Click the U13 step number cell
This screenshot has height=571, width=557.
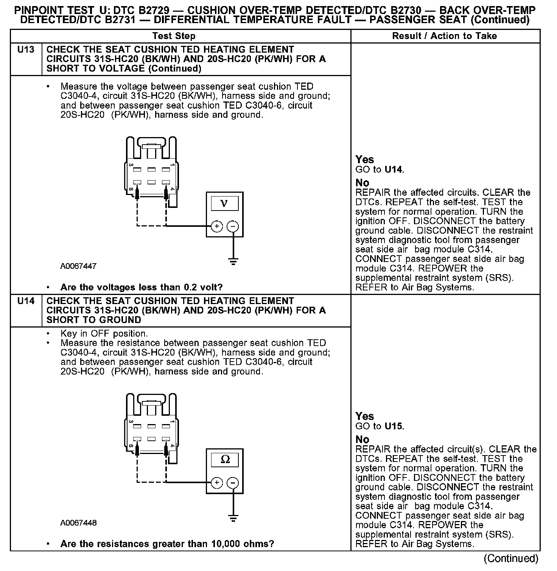26,50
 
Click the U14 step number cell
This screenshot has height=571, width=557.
26,301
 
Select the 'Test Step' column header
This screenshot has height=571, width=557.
174,36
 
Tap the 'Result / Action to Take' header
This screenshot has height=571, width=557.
445,36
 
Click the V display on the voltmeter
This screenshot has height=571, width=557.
224,203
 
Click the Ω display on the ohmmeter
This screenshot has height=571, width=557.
225,460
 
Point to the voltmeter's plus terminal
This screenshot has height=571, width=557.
217,226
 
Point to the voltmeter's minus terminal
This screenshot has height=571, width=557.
233,226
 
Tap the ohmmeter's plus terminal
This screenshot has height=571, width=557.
217,483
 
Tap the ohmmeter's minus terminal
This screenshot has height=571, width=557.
233,483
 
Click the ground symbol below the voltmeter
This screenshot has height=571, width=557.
233,261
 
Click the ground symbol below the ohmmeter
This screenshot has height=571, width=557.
233,518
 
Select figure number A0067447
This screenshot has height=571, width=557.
78,266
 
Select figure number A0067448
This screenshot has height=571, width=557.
78,523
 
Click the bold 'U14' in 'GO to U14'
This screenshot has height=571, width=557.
394,170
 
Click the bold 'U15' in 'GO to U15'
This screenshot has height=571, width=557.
394,426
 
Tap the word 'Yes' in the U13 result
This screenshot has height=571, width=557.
364,160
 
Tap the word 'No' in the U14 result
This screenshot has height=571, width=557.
362,440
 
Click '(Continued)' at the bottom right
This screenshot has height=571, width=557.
511,559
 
